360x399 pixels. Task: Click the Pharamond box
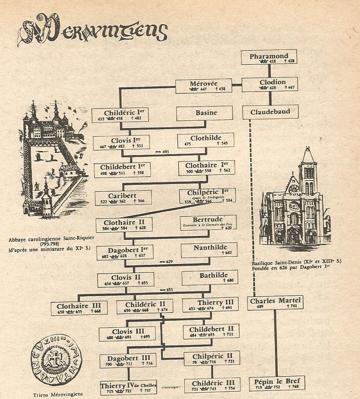coord(269,57)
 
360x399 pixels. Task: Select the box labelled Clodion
coord(269,84)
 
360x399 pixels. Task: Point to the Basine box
coord(205,113)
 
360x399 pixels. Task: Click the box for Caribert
coord(123,198)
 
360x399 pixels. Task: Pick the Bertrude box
coord(208,222)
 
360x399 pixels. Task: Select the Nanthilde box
coord(209,249)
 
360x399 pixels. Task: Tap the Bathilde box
coord(209,277)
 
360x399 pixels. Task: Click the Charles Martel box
coord(275,303)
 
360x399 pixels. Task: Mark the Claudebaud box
coord(270,112)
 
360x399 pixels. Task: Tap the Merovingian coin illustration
coord(52,363)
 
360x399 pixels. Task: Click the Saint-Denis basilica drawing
coord(295,201)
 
